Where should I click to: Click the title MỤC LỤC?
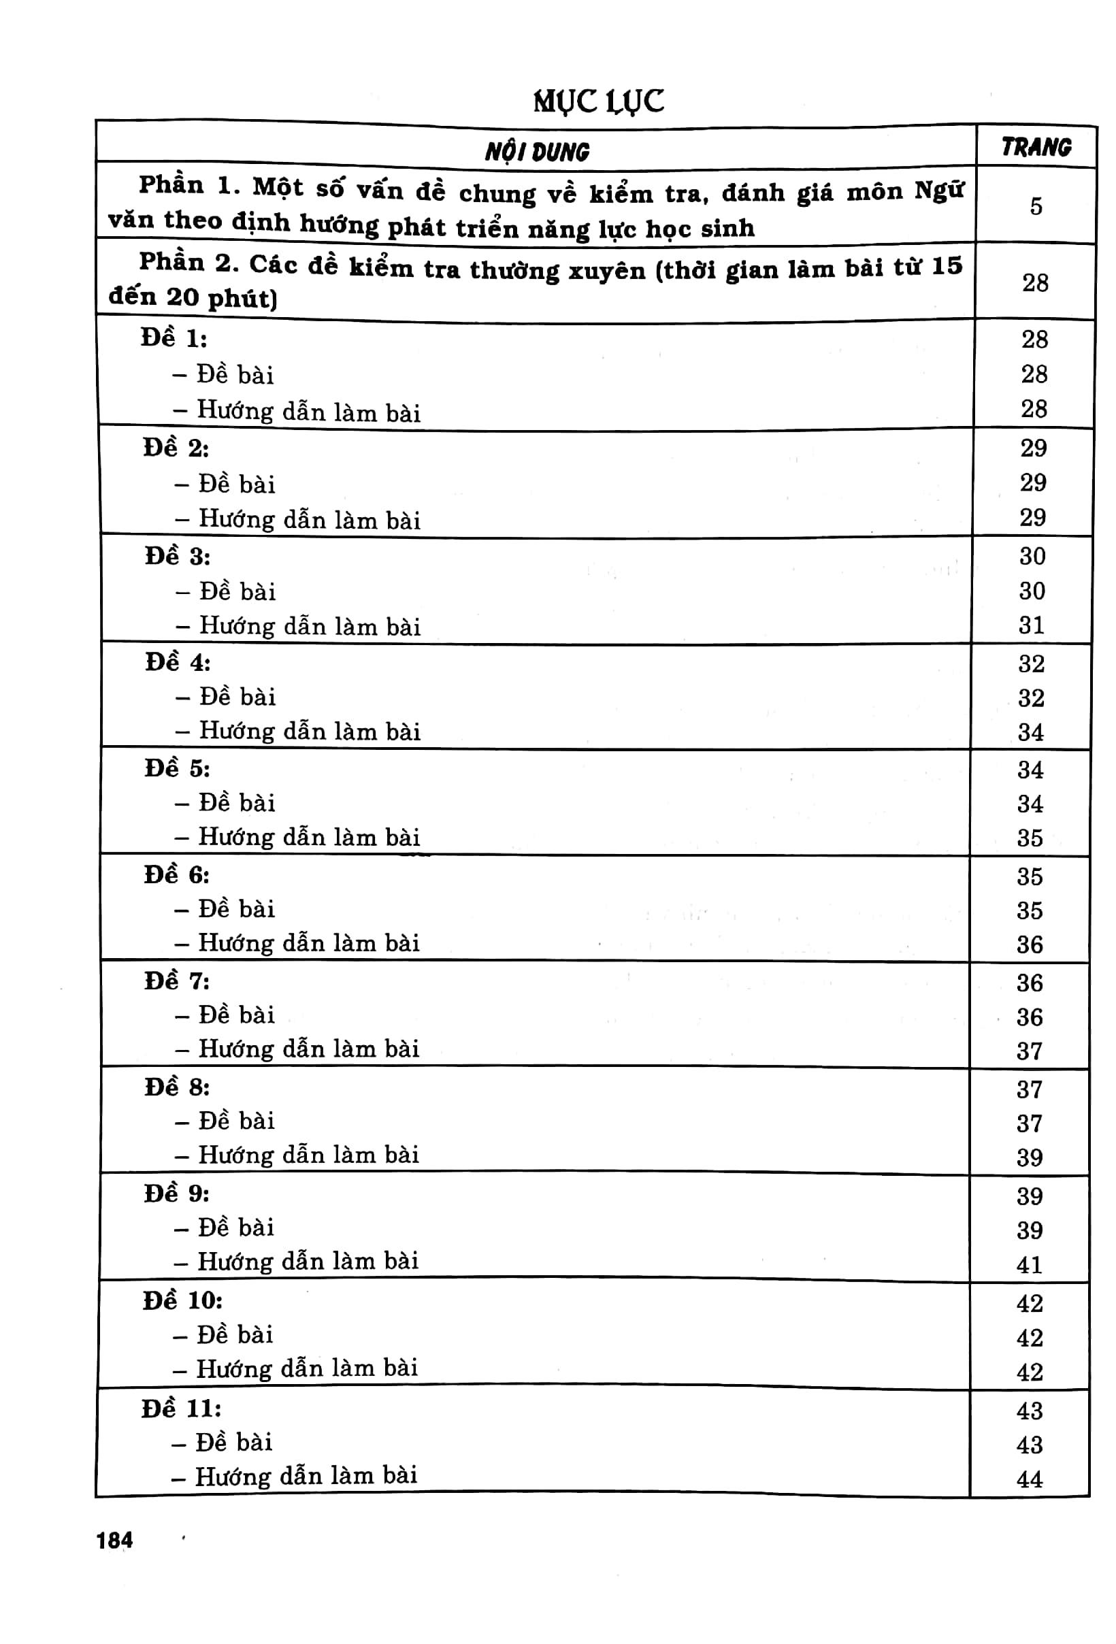(598, 102)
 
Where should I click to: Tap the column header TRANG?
(1036, 147)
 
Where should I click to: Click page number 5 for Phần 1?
(1036, 207)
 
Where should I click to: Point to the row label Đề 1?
(174, 339)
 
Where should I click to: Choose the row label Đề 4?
(178, 663)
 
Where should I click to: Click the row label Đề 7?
(177, 981)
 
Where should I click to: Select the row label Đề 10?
(182, 1300)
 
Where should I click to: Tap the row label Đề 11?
(181, 1409)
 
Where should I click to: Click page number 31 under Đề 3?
(1031, 625)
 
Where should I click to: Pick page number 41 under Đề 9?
(1029, 1264)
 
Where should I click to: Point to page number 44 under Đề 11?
(1029, 1479)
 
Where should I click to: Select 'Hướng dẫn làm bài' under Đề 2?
(309, 520)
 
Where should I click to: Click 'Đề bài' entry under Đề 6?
(236, 909)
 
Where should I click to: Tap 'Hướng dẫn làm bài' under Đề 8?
(308, 1155)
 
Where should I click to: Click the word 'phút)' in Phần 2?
(242, 299)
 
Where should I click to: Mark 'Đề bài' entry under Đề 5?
(237, 803)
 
